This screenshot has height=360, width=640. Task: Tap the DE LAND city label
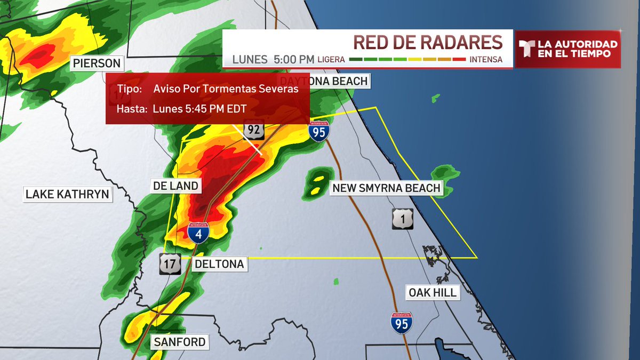pyautogui.click(x=175, y=186)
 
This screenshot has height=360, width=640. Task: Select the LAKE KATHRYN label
pyautogui.click(x=68, y=194)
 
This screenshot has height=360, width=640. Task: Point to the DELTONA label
pyautogui.click(x=219, y=264)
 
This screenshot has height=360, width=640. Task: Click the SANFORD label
pyautogui.click(x=179, y=342)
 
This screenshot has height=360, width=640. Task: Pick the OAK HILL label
pyautogui.click(x=433, y=292)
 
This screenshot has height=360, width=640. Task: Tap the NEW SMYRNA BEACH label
pyautogui.click(x=386, y=188)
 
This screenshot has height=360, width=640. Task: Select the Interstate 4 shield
pyautogui.click(x=198, y=233)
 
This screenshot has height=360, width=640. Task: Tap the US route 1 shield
pyautogui.click(x=403, y=219)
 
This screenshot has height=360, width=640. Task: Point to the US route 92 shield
pyautogui.click(x=254, y=130)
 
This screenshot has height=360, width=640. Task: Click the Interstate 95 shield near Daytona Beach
pyautogui.click(x=318, y=131)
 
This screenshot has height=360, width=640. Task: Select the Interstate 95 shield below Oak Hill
pyautogui.click(x=401, y=323)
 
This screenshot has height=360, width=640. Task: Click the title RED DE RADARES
pyautogui.click(x=428, y=43)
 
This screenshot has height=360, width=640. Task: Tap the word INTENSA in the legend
pyautogui.click(x=486, y=60)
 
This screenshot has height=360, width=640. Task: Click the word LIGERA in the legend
pyautogui.click(x=331, y=60)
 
